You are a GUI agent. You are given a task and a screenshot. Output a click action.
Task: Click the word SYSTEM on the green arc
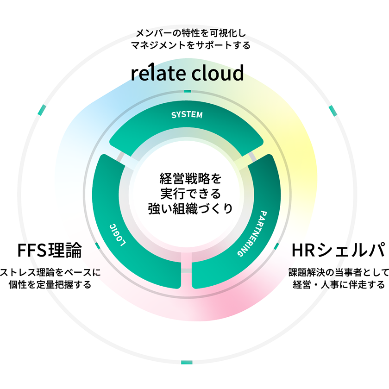(187, 115)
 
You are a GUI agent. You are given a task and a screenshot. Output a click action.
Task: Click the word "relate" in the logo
(157, 73)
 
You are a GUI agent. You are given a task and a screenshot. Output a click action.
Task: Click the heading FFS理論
(49, 251)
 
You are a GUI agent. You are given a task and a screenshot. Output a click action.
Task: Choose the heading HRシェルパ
(338, 251)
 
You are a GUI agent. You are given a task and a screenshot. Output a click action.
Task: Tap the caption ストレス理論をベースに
(50, 272)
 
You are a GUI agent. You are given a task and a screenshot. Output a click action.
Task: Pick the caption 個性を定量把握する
(50, 284)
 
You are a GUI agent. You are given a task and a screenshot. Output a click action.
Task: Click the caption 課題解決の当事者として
(339, 272)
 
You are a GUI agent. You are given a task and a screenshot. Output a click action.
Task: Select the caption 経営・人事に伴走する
(339, 284)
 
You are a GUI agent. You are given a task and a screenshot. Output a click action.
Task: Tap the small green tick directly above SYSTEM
(187, 91)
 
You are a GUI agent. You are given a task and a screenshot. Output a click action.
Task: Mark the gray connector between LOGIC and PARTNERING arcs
(186, 270)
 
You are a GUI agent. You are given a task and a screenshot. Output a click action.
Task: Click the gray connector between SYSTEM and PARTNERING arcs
(252, 157)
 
